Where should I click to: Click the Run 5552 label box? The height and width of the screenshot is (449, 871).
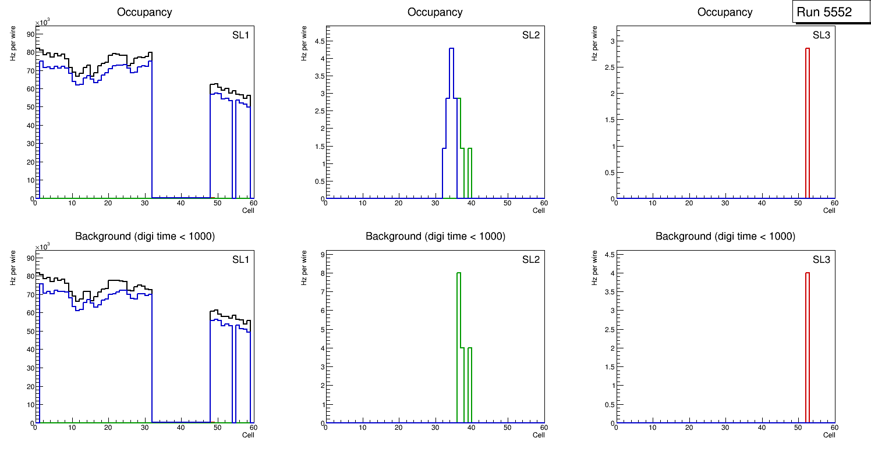[828, 12]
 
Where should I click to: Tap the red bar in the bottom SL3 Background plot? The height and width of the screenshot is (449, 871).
[808, 349]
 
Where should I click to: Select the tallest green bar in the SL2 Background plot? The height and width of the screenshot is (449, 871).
[459, 349]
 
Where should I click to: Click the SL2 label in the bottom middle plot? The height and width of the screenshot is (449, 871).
[530, 259]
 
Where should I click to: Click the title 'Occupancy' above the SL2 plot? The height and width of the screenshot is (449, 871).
[435, 12]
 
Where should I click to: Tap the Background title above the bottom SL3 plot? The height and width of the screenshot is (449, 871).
[725, 236]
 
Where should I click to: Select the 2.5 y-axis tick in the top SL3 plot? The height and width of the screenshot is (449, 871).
[609, 67]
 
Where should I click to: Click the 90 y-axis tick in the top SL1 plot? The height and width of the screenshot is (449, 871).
[30, 34]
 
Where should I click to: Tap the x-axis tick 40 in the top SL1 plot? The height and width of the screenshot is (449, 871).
[180, 203]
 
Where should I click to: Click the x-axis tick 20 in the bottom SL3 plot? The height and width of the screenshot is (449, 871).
[689, 427]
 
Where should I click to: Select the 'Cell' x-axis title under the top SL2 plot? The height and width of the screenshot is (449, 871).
[539, 211]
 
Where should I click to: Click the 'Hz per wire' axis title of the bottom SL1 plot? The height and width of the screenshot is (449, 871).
[13, 268]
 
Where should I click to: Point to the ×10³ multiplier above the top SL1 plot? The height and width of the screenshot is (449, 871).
[42, 23]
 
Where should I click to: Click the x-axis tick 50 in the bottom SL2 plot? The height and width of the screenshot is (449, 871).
[507, 427]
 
